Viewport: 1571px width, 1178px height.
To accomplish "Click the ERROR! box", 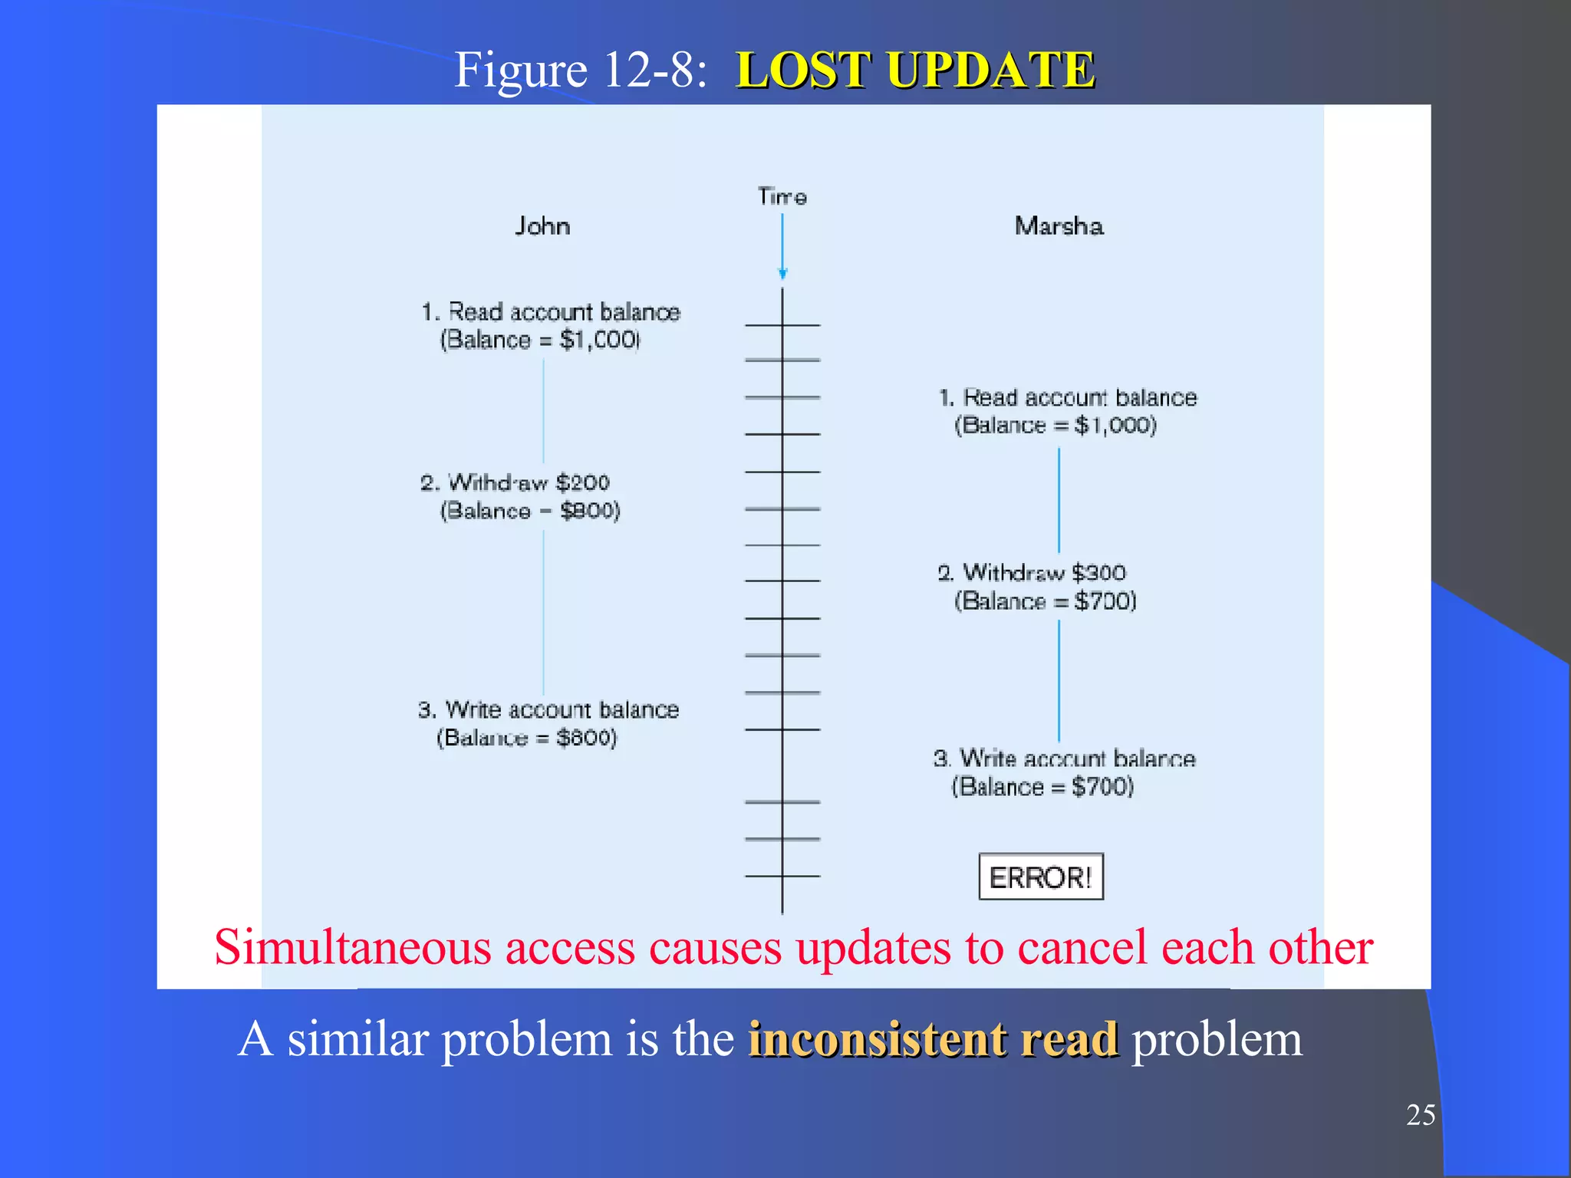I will pos(1040,877).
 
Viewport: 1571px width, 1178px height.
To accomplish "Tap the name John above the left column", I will pos(542,226).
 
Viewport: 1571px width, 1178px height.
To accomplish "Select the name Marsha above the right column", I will pos(1059,226).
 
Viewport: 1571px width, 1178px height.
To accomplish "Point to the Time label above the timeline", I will pos(782,197).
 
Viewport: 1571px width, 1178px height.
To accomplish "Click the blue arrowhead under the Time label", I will pos(782,273).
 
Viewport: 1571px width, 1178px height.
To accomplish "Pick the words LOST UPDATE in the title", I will pos(915,70).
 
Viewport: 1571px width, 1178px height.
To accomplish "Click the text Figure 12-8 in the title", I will pos(580,70).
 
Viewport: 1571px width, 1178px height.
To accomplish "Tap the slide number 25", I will pos(1420,1114).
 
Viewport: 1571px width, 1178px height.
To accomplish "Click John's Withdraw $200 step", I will pos(515,483).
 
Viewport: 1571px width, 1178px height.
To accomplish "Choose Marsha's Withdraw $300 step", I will pos(1032,573).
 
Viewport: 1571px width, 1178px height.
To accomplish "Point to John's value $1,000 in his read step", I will pos(599,340).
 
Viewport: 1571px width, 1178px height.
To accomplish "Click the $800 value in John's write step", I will pos(586,738).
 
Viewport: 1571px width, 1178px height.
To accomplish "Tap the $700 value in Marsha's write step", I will pos(1102,787).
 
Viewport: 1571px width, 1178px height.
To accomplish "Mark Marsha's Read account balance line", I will pos(1068,398).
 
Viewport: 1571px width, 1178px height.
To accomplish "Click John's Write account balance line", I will pos(548,710).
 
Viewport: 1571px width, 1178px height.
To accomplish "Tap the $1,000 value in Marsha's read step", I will pos(1115,426).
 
